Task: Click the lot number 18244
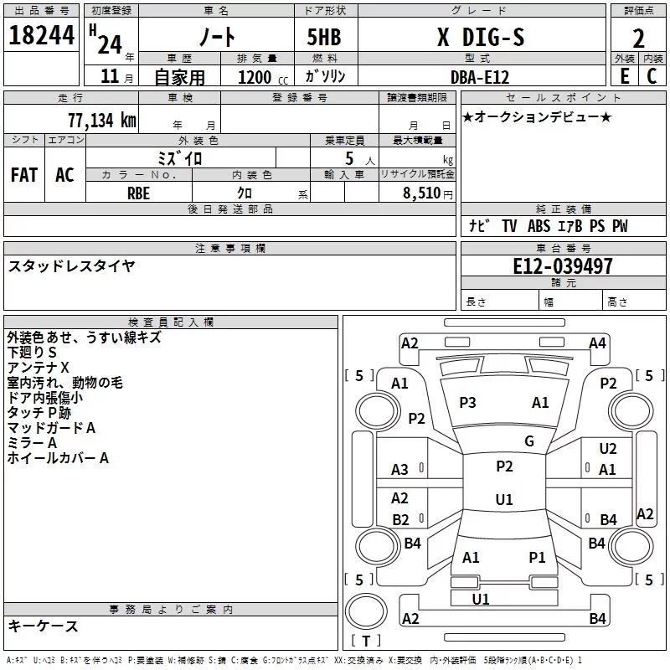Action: point(41,35)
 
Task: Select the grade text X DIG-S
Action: point(481,37)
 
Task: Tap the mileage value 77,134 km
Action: point(102,120)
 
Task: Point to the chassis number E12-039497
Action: point(563,266)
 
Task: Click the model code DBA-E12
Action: point(480,77)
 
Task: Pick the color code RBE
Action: point(138,193)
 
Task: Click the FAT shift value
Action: point(24,175)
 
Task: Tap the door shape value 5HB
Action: point(324,37)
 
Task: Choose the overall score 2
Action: point(638,39)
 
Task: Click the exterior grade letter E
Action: point(625,76)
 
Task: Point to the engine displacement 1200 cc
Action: point(263,77)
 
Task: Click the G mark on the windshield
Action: point(529,441)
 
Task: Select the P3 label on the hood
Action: point(467,403)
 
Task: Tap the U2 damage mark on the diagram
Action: point(608,449)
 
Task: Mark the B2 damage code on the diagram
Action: point(400,519)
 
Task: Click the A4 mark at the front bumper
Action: point(597,343)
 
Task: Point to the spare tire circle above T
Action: point(366,611)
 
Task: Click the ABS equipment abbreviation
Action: point(539,225)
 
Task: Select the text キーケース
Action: point(43,626)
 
